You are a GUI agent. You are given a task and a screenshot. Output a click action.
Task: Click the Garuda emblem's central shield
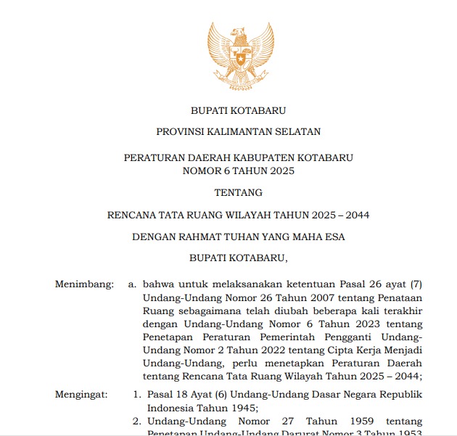point(240,54)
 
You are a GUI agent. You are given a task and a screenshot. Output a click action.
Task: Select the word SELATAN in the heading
point(299,131)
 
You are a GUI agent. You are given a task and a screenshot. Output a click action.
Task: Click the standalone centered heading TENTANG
point(238,193)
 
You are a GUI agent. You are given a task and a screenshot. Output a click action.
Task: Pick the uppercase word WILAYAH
point(255,215)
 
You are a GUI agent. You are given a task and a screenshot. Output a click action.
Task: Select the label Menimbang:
point(84,284)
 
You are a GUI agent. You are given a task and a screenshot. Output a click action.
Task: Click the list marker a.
point(132,284)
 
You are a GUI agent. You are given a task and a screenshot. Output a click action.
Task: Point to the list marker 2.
point(136,421)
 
